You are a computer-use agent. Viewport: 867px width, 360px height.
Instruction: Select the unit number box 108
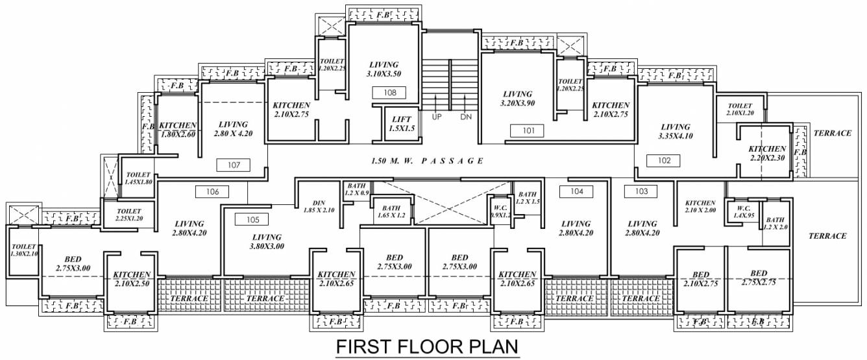coord(389,93)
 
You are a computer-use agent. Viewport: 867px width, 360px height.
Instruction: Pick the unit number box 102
coord(663,160)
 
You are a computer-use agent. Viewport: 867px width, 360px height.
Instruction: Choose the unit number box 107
coord(234,165)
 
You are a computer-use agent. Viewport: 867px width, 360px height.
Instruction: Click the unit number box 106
coord(212,191)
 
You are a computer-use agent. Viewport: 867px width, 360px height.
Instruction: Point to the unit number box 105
coord(252,219)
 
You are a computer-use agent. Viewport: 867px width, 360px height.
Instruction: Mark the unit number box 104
coord(576,191)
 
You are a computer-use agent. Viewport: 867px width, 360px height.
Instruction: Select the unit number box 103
coord(641,191)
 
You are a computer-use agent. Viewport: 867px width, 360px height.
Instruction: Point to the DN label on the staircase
coord(466,117)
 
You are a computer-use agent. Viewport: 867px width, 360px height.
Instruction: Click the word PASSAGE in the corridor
coord(451,160)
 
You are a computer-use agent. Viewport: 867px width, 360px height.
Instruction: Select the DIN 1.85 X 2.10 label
coord(318,206)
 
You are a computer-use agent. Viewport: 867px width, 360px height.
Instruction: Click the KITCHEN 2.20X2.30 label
coord(766,153)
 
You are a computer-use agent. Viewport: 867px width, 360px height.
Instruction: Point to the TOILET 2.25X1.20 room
coord(129,215)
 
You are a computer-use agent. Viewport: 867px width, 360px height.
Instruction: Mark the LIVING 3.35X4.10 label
coord(675,132)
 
